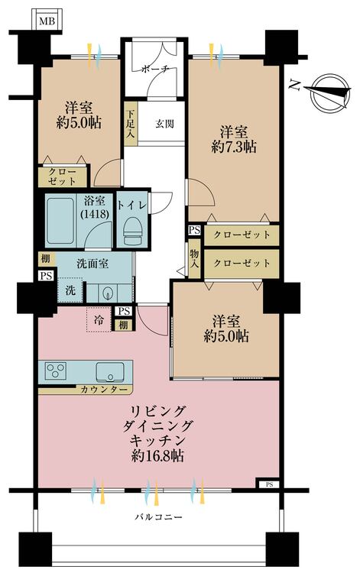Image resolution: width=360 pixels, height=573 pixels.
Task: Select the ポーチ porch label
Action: [x=154, y=69]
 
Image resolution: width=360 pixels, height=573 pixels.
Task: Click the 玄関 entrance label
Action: [x=165, y=123]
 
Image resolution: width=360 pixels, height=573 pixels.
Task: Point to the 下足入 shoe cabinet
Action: [x=131, y=122]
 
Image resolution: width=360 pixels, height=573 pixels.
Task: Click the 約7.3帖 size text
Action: [x=234, y=147]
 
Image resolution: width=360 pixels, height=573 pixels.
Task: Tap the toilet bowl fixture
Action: [x=132, y=228]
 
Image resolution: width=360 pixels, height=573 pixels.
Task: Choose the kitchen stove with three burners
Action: [x=57, y=372]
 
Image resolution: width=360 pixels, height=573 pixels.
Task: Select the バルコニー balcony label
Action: [x=159, y=517]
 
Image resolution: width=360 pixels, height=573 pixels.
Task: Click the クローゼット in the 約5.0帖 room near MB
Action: [x=62, y=177]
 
